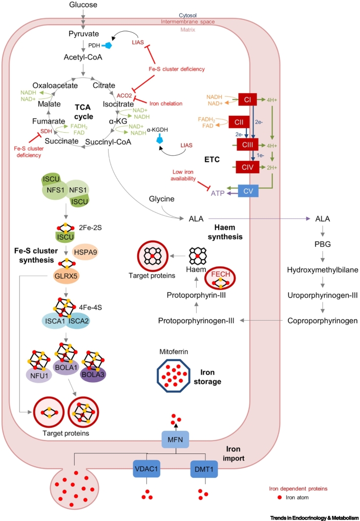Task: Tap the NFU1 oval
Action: coord(39,380)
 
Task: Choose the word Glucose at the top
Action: coord(82,6)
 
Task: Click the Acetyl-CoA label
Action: coord(83,57)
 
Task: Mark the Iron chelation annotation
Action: coord(164,103)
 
